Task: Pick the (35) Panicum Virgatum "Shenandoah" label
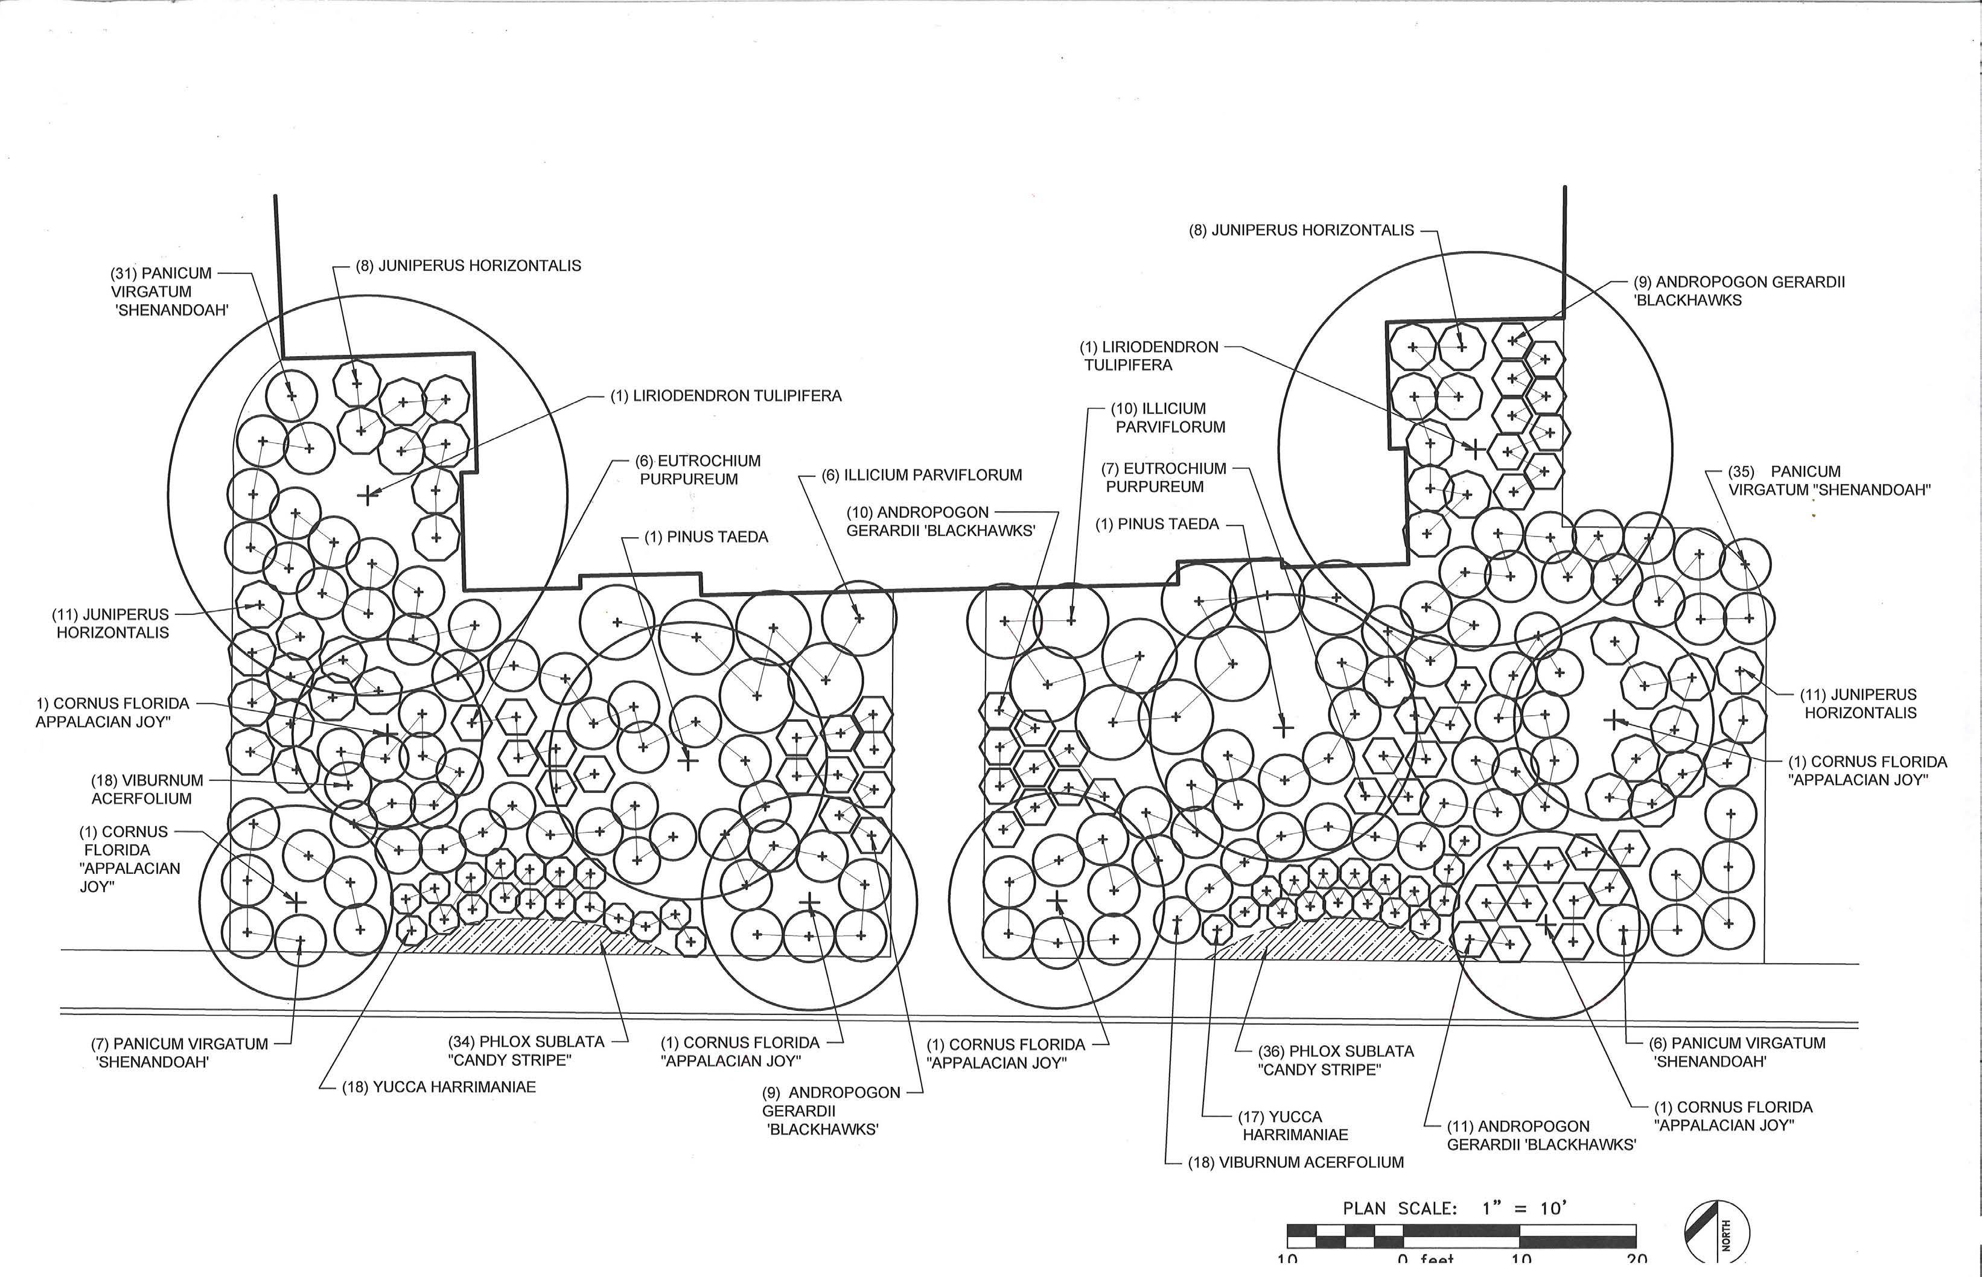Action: tap(1829, 481)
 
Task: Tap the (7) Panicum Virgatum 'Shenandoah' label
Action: tap(179, 1052)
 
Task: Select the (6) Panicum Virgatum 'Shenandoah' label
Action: tap(1738, 1051)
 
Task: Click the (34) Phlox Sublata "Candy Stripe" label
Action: tap(527, 1051)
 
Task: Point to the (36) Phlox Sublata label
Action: tap(1335, 1060)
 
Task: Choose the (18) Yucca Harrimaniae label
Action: tap(439, 1087)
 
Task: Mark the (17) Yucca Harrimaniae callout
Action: tap(1295, 1126)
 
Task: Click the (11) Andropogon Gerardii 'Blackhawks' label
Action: tap(1541, 1135)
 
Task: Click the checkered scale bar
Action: tap(1461, 1235)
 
